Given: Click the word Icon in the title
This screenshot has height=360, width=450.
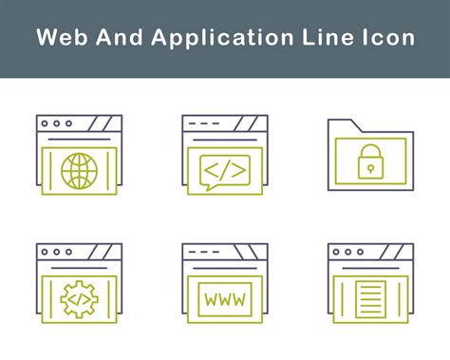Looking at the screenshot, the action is (x=389, y=38).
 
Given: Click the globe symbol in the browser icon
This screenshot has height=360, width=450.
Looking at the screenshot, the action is (x=80, y=170).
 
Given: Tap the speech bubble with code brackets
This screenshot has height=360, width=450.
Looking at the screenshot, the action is (x=225, y=169).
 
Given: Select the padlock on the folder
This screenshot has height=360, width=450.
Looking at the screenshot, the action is (x=370, y=164).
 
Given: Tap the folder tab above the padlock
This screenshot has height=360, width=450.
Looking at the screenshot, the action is (x=342, y=124).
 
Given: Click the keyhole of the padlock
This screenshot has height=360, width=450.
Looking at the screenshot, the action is (x=370, y=169).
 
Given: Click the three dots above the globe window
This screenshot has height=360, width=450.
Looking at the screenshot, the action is (x=57, y=123).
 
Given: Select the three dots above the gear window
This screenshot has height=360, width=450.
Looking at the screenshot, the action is (x=57, y=252).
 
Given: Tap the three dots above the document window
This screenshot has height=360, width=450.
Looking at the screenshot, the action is (x=347, y=252).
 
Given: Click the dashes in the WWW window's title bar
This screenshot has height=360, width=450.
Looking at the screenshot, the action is (x=202, y=252).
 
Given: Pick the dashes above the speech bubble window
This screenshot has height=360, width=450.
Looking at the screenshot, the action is (x=202, y=123).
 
